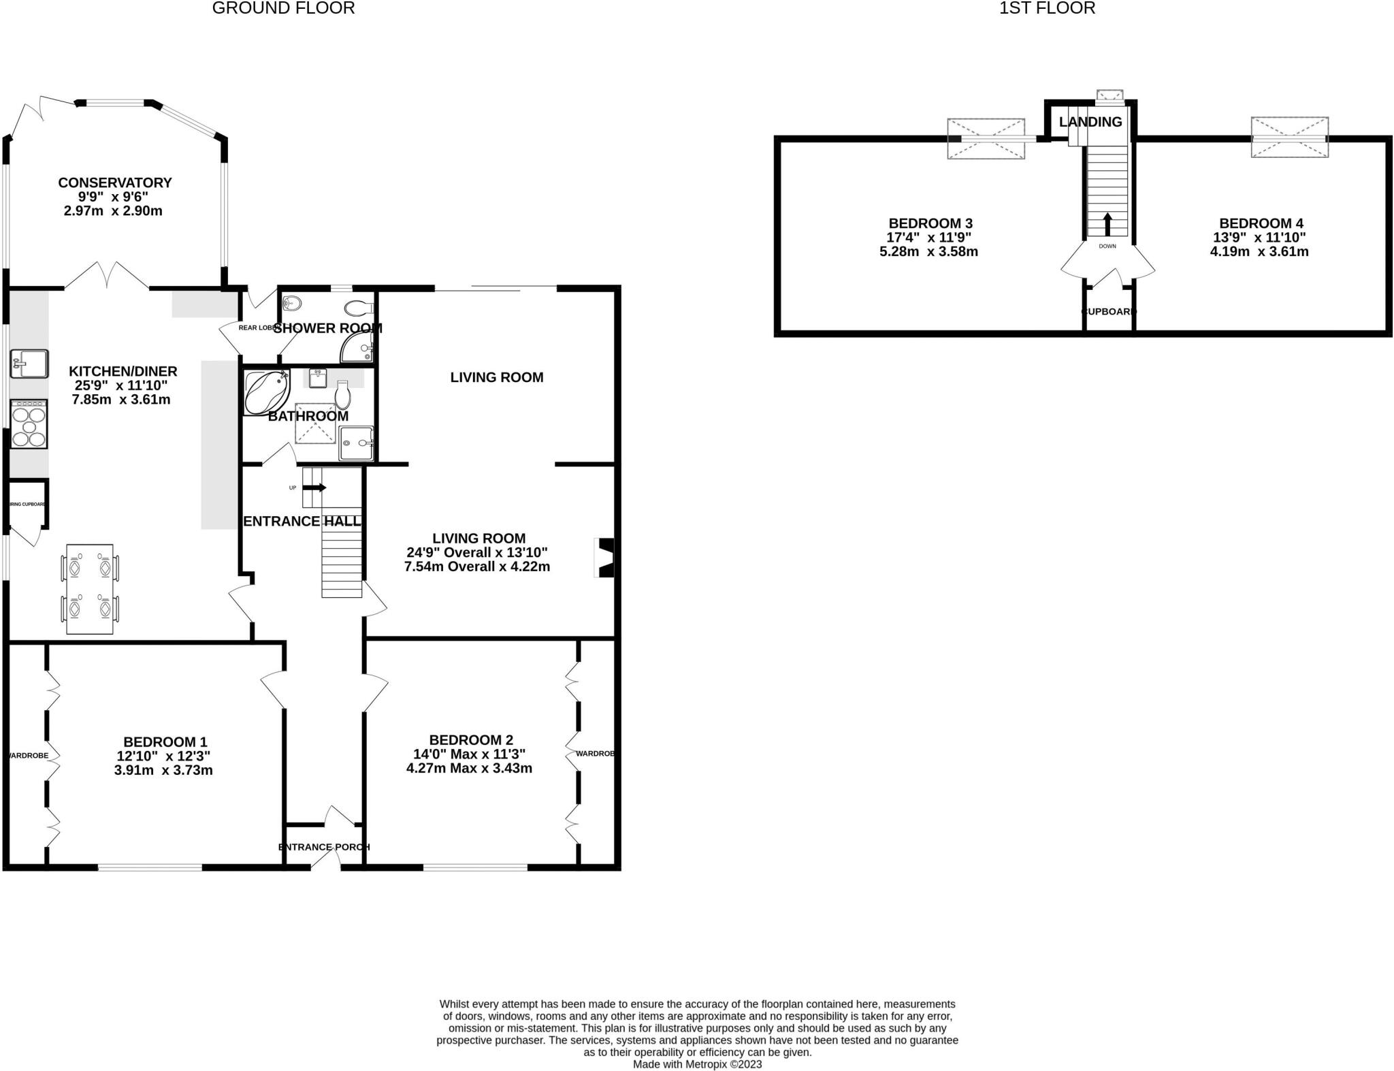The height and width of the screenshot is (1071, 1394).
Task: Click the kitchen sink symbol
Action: coord(29,364)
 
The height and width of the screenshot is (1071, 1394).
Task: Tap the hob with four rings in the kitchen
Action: coord(29,423)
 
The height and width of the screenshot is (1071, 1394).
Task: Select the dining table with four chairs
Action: coord(90,589)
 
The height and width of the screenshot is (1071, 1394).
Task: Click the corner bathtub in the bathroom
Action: coord(266,393)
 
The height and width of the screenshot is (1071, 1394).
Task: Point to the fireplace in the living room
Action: coord(605,558)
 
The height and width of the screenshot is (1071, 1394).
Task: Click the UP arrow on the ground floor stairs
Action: coord(314,487)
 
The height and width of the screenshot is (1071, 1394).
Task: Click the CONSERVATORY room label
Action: coord(114,182)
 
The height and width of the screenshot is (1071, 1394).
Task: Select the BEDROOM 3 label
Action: coord(930,223)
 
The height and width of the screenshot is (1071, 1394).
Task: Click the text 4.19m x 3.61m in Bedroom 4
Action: coord(1259,251)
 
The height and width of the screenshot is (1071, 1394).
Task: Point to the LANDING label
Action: coord(1090,122)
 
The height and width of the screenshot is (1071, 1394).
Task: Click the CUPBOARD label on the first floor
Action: coord(1109,312)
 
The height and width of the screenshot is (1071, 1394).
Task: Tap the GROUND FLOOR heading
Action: coord(283,8)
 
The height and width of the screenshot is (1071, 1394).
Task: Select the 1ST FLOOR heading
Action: coord(1047,8)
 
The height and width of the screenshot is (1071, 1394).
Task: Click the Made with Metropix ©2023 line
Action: coord(697,1064)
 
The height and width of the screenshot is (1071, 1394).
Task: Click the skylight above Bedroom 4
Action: coord(1289,138)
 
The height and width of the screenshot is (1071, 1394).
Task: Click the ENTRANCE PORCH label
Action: coord(324,847)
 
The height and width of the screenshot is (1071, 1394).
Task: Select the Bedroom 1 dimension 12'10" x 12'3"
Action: coord(163,756)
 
